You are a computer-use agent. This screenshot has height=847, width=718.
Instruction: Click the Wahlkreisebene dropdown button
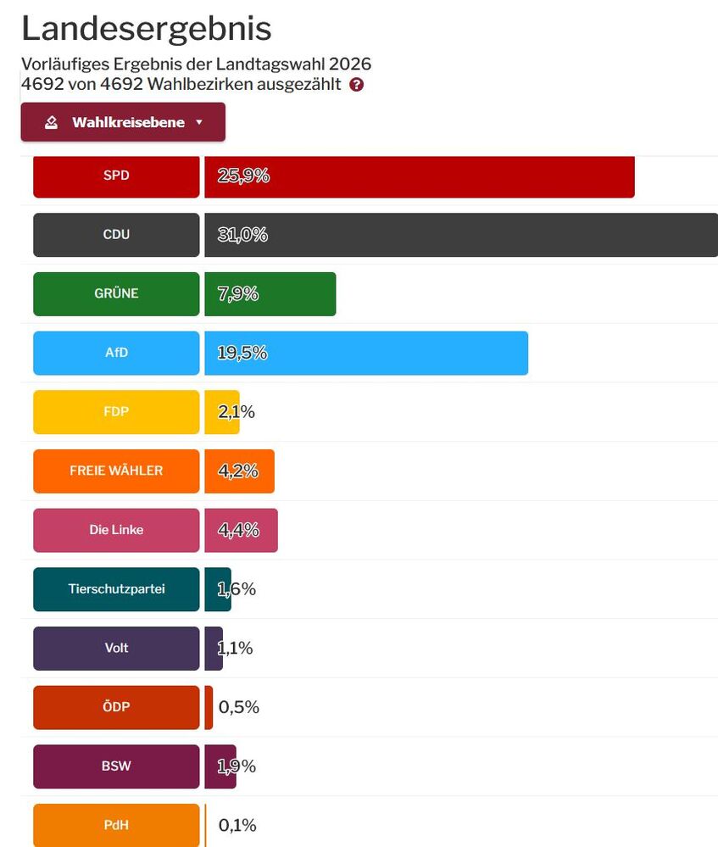(x=123, y=122)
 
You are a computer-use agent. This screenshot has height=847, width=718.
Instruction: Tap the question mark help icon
(x=356, y=85)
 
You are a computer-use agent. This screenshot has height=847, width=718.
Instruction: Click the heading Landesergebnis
(x=146, y=29)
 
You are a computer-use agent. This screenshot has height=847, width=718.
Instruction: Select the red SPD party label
(x=116, y=176)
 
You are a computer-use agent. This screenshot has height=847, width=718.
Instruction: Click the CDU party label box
(x=116, y=235)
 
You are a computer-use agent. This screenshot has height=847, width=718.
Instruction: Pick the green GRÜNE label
(x=116, y=293)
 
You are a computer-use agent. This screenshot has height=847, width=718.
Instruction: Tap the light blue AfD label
(x=116, y=353)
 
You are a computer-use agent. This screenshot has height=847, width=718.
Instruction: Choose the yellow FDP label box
(x=116, y=411)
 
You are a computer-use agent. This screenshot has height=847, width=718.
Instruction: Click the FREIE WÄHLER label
(x=116, y=471)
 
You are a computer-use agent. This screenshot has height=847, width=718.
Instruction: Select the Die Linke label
(x=116, y=530)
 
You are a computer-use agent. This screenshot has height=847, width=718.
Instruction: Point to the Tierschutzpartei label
(x=116, y=588)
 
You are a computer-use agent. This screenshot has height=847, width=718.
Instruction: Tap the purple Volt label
(x=116, y=648)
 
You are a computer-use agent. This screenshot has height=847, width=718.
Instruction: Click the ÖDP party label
(x=116, y=707)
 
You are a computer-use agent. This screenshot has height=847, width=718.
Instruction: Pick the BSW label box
(x=116, y=766)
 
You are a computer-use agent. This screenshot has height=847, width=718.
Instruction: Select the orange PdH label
(x=116, y=824)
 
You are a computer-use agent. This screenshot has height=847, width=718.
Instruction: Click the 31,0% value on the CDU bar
(x=242, y=235)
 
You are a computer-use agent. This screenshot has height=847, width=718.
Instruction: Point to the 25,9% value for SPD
(x=243, y=176)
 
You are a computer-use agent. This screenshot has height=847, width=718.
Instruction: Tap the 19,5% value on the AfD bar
(x=242, y=353)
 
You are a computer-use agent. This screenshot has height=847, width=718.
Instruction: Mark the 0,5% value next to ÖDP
(x=239, y=707)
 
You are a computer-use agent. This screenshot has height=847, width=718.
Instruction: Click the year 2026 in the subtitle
(x=350, y=64)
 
